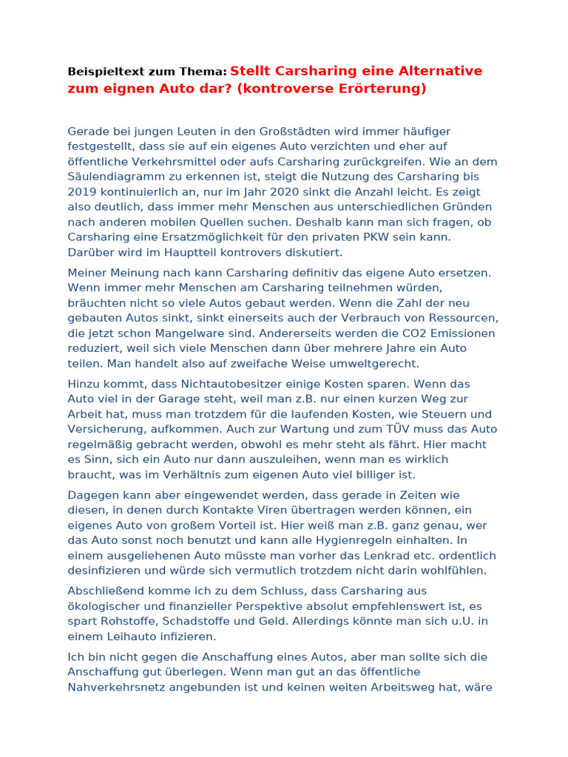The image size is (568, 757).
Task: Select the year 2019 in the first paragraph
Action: coord(83,192)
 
